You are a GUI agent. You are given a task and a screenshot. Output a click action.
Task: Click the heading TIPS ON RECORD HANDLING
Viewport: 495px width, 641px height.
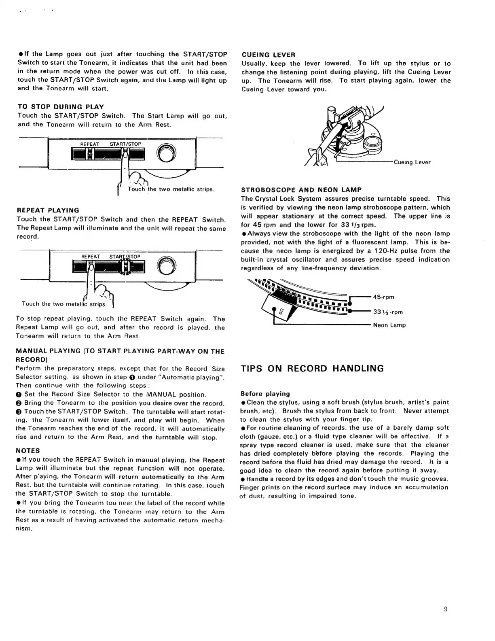(312, 369)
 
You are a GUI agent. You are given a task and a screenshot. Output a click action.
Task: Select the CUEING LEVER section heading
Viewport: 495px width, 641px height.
(268, 55)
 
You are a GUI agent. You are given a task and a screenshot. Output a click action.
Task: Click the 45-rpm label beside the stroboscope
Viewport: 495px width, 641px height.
(385, 297)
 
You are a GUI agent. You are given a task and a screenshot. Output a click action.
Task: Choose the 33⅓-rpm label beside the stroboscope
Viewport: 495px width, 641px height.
(388, 312)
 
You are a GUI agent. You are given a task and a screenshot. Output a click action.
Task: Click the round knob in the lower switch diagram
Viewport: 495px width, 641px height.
(167, 265)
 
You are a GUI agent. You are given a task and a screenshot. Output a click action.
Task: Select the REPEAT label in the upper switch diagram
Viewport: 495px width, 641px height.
(90, 144)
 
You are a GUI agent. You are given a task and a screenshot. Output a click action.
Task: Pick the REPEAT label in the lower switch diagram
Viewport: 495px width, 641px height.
(91, 257)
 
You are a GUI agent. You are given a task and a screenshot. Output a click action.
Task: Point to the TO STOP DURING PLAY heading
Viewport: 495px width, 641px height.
(61, 107)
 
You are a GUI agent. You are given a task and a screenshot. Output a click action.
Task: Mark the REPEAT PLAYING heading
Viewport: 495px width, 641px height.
(48, 210)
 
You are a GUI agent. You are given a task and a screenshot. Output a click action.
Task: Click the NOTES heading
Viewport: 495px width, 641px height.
(27, 451)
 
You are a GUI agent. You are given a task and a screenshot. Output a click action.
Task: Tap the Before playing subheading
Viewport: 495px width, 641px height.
(265, 394)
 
